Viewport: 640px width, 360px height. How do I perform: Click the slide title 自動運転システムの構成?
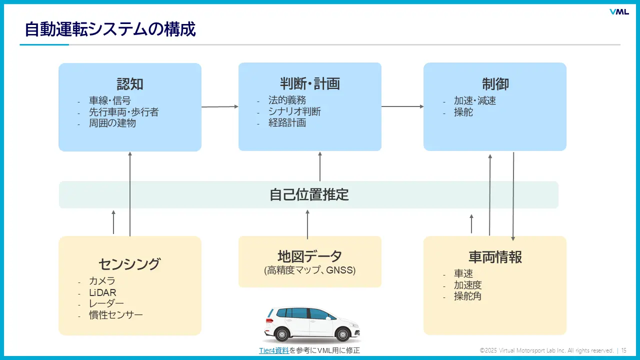point(110,29)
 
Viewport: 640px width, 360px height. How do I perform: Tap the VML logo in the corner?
point(619,12)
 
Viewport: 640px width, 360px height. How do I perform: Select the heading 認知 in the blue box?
point(130,83)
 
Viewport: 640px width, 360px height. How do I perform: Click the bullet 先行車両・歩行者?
point(123,112)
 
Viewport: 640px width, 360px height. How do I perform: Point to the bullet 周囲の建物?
point(112,123)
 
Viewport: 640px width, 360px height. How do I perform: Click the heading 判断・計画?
point(310,83)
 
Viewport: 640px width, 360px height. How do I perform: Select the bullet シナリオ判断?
point(294,111)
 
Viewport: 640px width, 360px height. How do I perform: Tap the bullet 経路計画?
point(286,122)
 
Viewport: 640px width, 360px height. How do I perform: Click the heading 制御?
point(495,83)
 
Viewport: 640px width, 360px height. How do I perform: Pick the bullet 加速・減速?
point(475,101)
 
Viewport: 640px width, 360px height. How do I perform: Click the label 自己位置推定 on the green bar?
point(309,194)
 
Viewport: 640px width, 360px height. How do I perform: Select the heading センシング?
point(130,263)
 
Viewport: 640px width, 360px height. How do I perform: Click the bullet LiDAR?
point(102,292)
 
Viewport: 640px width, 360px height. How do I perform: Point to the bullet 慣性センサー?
point(116,315)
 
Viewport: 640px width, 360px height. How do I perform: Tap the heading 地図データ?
point(310,256)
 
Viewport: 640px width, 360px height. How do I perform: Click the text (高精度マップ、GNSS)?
point(310,270)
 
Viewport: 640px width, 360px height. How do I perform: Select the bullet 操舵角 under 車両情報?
point(467,296)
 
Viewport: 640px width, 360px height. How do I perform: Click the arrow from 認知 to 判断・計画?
point(220,106)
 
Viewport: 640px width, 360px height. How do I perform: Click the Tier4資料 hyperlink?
point(273,350)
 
